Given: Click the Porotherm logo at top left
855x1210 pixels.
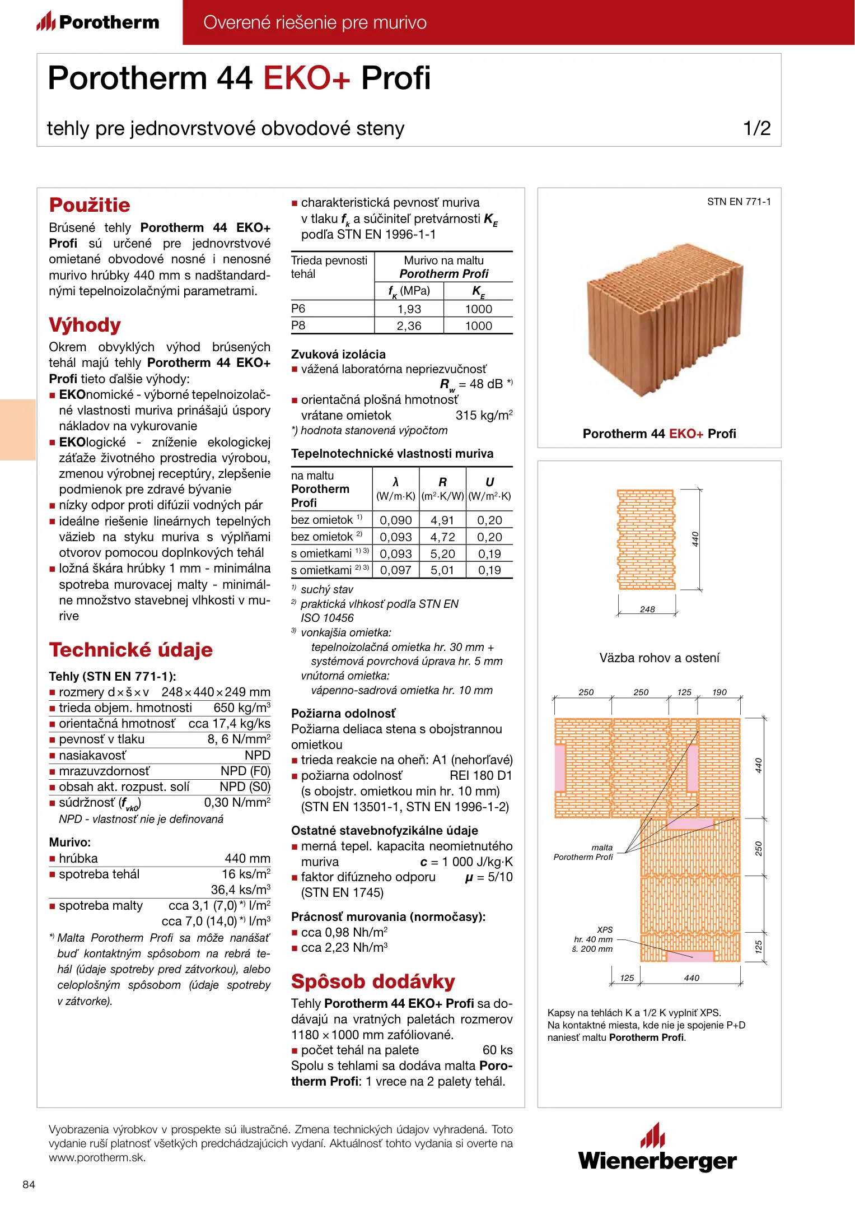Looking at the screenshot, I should [98, 22].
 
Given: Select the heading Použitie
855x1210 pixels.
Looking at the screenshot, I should [90, 205].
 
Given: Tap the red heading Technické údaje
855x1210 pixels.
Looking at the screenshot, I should [130, 650].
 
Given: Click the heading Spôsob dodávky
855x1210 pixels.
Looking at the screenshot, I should [373, 981].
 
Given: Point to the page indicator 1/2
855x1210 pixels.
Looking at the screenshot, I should [756, 128].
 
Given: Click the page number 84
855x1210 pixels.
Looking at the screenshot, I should [29, 1184].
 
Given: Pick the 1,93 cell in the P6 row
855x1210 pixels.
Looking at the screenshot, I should [409, 309].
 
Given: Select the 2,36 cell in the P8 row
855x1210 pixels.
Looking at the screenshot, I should [409, 326].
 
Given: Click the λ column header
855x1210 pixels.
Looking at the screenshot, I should [395, 482].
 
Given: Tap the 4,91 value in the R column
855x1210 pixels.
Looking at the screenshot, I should [442, 520].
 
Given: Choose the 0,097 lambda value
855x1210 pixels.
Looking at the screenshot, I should [395, 570].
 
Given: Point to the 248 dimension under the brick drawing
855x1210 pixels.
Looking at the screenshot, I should [647, 609].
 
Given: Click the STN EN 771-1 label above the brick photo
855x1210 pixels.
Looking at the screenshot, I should [739, 202].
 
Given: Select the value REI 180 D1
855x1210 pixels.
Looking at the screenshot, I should [481, 776].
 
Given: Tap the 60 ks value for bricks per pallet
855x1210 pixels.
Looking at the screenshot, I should [497, 1050].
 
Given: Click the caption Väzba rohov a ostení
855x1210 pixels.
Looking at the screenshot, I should [659, 658].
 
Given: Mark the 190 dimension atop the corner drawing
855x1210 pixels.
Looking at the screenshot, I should [719, 692].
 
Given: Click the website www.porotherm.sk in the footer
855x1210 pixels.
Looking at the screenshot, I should [97, 1157].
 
